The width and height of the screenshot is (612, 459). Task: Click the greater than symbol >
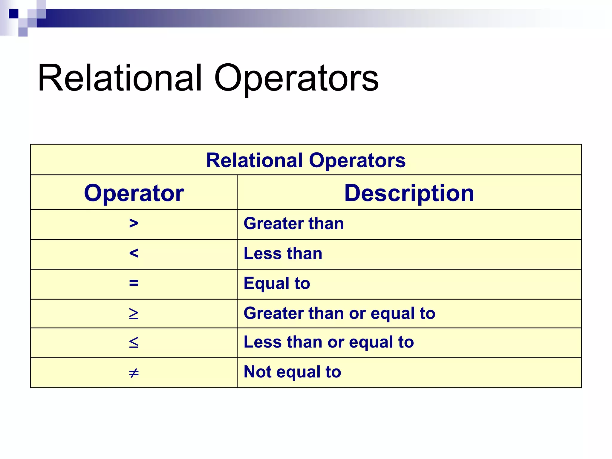(x=134, y=223)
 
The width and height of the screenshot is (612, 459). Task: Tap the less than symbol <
(x=134, y=253)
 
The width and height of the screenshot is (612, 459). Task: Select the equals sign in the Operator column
(x=134, y=283)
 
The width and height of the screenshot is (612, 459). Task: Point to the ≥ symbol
(x=134, y=313)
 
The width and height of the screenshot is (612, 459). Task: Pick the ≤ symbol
(x=134, y=342)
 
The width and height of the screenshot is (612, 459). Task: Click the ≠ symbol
(x=134, y=373)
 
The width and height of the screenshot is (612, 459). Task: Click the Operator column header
(x=134, y=193)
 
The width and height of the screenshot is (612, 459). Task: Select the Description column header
(x=409, y=193)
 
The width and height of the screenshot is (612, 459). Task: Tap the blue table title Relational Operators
(x=306, y=160)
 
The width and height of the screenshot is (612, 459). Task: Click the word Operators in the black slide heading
(x=296, y=78)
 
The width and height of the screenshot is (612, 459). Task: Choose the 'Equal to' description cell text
(x=277, y=283)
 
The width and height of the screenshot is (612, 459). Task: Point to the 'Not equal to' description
(x=292, y=372)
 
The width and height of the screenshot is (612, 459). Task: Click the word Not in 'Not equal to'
(x=257, y=372)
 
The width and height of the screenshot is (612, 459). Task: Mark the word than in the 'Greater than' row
(x=326, y=224)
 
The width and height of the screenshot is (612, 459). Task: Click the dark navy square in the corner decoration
(x=13, y=14)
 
